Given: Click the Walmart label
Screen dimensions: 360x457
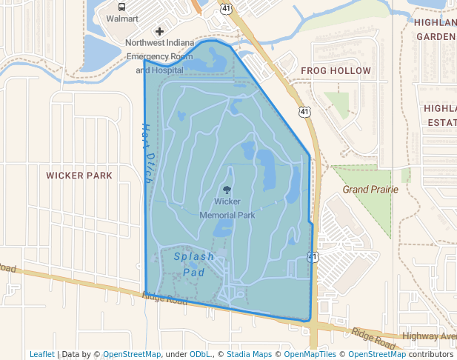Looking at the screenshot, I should click(122, 19).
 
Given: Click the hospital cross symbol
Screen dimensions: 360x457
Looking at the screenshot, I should click(159, 31).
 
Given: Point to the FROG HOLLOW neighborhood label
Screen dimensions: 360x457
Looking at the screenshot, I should click(336, 70).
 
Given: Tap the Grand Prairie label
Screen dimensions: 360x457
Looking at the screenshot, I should click(370, 190).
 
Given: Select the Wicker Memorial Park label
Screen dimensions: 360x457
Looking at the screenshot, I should click(227, 208).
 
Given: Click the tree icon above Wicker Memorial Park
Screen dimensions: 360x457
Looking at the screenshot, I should click(227, 190).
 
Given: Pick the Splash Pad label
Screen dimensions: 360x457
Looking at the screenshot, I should click(194, 264).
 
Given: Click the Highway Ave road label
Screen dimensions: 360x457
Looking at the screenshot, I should click(429, 336).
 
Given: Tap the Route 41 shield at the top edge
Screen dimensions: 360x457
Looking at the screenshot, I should click(225, 7).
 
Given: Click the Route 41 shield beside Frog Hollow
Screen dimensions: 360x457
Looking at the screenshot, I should click(304, 111).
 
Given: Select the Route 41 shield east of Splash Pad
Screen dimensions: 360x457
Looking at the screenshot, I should click(313, 257).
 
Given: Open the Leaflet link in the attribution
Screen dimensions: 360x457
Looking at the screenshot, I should click(41, 354).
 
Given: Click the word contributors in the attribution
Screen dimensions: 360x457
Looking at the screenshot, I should click(431, 354).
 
